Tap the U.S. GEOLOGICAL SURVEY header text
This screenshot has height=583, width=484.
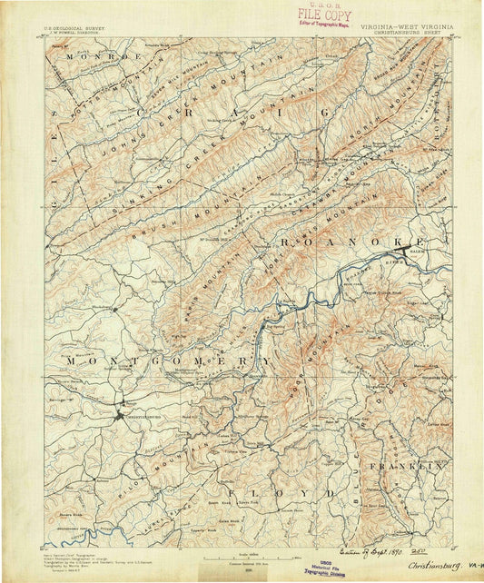74,28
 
